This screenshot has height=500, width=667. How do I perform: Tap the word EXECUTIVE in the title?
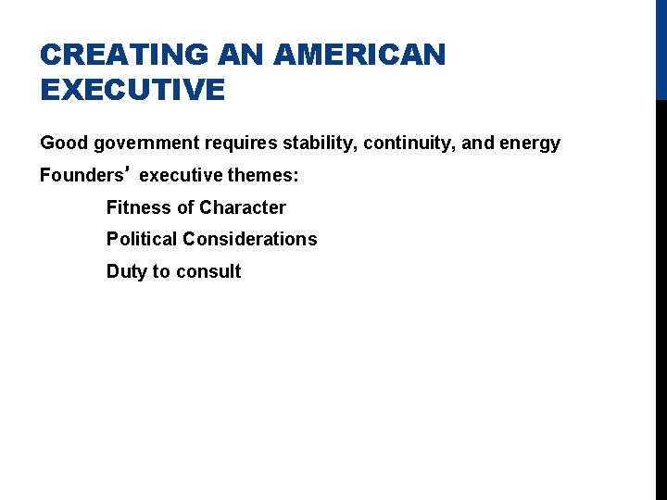tap(132, 91)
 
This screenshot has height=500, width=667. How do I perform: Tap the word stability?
tap(321, 144)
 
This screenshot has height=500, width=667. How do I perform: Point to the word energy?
tap(530, 144)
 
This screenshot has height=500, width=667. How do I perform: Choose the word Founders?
tap(81, 175)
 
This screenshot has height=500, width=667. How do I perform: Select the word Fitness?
tap(137, 207)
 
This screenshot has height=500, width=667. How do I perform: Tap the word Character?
tap(242, 207)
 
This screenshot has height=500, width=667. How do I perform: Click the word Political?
tap(142, 239)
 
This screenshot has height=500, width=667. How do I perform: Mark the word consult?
tap(209, 271)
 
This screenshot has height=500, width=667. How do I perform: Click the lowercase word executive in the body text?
tap(179, 175)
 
